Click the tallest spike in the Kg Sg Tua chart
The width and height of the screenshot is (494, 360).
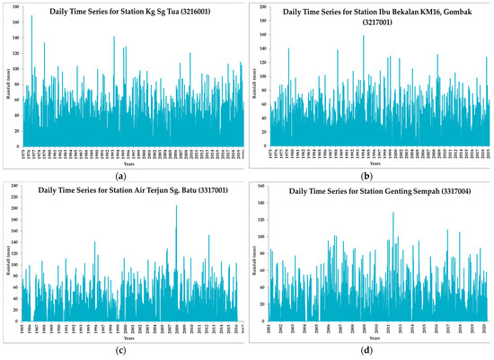point(31,16)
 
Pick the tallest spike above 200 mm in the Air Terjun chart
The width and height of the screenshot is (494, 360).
point(176,206)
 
